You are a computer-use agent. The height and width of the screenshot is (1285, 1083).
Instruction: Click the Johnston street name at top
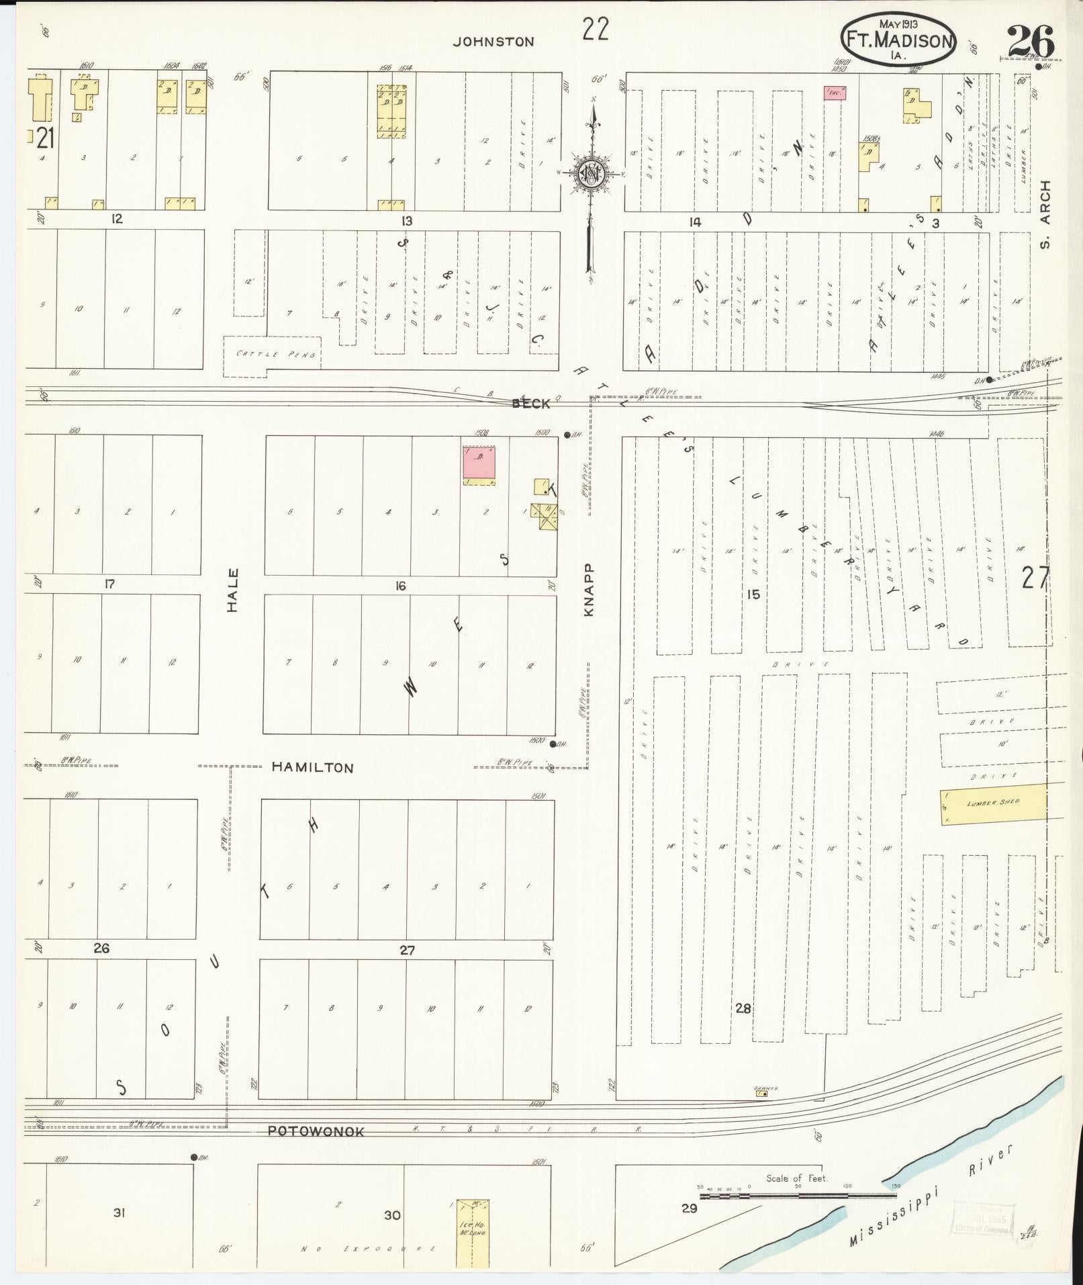pyautogui.click(x=493, y=42)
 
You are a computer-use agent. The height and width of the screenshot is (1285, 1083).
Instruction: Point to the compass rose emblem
pyautogui.click(x=592, y=174)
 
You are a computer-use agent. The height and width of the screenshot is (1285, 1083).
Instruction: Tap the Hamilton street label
pyautogui.click(x=312, y=767)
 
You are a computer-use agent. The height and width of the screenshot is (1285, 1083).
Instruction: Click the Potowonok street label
pyautogui.click(x=316, y=1131)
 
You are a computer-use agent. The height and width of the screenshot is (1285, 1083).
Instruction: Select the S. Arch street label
pyautogui.click(x=1044, y=214)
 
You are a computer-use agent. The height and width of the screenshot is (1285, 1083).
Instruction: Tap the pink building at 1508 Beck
pyautogui.click(x=479, y=465)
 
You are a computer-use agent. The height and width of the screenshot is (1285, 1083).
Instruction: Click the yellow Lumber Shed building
pyautogui.click(x=992, y=802)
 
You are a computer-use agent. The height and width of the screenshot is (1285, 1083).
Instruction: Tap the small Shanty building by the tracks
pyautogui.click(x=761, y=1094)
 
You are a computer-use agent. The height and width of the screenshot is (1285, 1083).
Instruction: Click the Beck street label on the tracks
pyautogui.click(x=530, y=403)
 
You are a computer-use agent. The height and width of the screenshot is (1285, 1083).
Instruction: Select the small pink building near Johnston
pyautogui.click(x=834, y=93)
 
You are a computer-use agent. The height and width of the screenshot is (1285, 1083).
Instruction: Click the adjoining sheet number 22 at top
pyautogui.click(x=595, y=30)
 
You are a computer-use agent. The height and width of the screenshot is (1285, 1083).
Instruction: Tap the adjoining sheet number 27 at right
pyautogui.click(x=1034, y=578)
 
